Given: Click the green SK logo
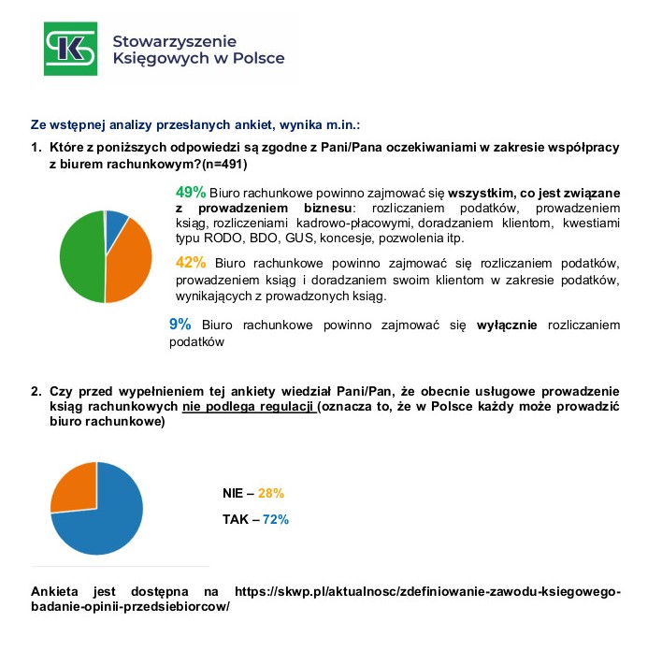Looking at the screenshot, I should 70,48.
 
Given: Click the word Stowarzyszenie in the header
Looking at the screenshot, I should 174,41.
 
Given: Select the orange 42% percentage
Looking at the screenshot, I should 191,261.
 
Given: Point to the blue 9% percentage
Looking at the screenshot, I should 180,324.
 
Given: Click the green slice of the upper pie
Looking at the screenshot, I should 79,257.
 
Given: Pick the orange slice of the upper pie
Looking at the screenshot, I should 129,261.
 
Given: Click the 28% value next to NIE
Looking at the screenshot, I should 271,493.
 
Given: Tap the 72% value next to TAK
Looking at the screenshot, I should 275,519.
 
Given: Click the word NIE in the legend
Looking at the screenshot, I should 234,493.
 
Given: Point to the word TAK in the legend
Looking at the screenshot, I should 236,519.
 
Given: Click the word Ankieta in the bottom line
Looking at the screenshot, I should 57,592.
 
